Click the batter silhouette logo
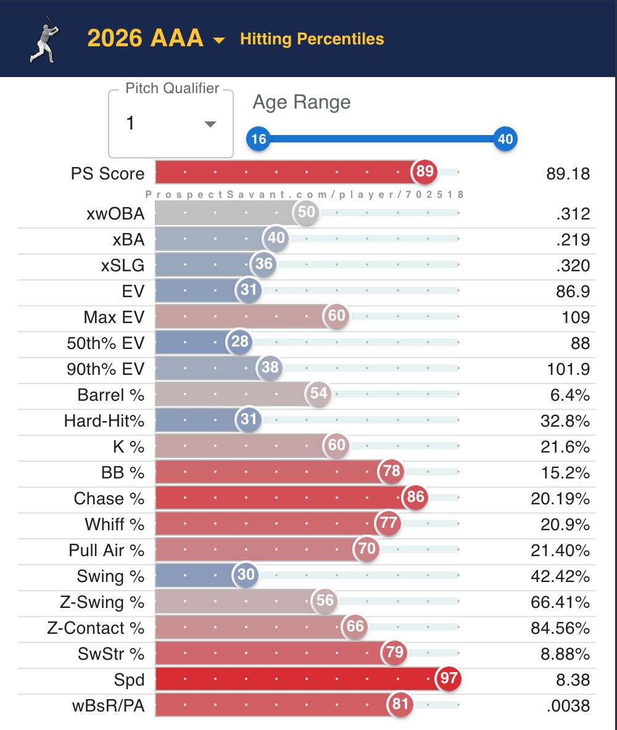(44, 39)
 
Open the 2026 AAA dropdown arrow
(218, 41)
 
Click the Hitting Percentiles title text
(312, 39)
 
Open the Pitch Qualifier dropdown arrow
(210, 124)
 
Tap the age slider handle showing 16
(259, 139)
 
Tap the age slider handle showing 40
(505, 139)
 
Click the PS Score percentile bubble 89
(424, 171)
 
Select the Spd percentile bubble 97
(449, 678)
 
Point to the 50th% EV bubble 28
(240, 342)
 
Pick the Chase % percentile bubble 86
(415, 497)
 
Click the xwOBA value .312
(573, 214)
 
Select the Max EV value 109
(576, 318)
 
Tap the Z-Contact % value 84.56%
(560, 628)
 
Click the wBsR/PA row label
(108, 706)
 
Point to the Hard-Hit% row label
(104, 421)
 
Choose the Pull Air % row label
(106, 551)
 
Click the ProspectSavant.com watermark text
(304, 195)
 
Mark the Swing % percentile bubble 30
(246, 575)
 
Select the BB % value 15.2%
(565, 473)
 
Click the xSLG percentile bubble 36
(263, 264)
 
